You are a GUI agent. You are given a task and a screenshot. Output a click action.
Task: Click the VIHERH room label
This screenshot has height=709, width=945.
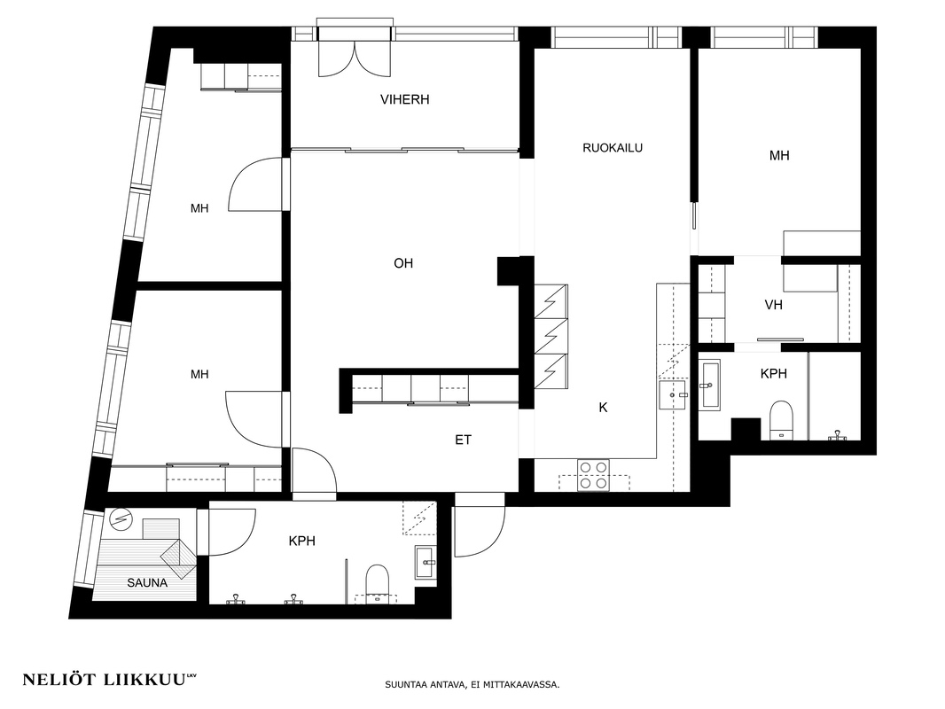pos(404,99)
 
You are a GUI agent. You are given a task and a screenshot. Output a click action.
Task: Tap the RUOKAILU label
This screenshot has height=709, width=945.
pos(613,148)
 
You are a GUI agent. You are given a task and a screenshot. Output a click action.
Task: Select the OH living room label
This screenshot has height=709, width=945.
pos(403,263)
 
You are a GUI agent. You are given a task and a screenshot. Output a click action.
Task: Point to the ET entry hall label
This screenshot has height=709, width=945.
pos(463,440)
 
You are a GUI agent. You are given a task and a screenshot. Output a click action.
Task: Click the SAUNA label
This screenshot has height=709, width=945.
pos(147,582)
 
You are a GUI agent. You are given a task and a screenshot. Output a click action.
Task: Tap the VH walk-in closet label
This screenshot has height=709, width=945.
pos(773,305)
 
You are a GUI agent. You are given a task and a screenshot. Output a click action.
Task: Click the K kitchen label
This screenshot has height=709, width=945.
pos(603,408)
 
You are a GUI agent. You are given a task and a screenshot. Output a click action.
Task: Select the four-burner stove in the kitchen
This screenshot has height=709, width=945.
pos(593,475)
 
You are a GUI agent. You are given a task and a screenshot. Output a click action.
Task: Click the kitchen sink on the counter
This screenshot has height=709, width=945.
pos(673,395)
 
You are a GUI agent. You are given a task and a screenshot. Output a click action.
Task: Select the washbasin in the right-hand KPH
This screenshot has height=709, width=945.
pos(709,385)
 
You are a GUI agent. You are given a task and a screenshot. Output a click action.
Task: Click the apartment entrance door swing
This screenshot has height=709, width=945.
pos(480,525)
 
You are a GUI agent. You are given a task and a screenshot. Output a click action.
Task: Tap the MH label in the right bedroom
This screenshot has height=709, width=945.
pos(778,155)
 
